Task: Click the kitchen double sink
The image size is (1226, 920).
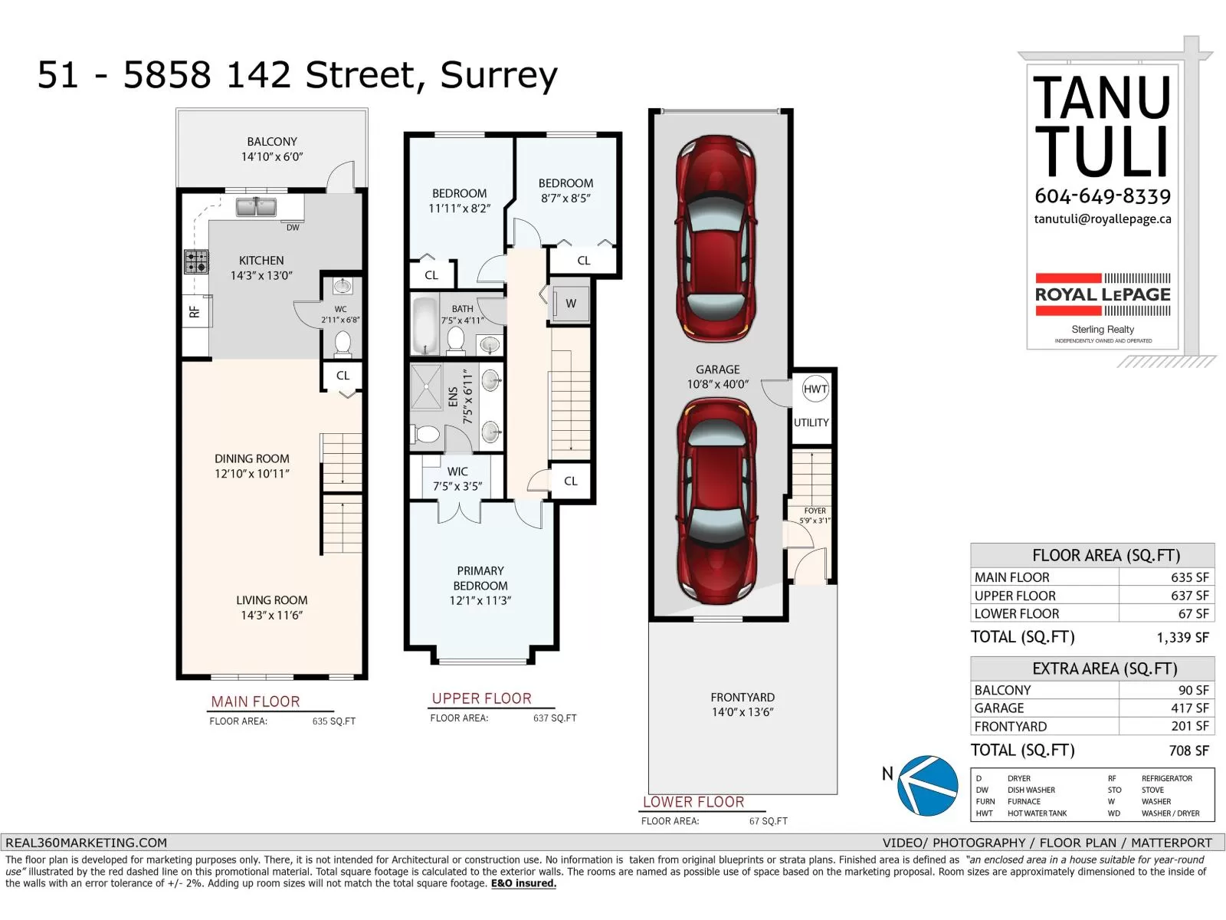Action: [x=256, y=207]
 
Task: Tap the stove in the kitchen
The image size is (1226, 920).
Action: [x=196, y=261]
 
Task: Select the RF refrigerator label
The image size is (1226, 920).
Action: [x=195, y=312]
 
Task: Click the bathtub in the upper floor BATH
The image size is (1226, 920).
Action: [x=425, y=326]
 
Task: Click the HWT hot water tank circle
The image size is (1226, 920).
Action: [x=815, y=389]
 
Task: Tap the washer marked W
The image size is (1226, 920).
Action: [x=570, y=304]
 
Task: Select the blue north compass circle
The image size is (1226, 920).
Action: [x=927, y=785]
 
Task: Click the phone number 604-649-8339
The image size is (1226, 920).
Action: [x=1103, y=196]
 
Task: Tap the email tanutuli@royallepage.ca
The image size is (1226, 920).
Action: [x=1103, y=219]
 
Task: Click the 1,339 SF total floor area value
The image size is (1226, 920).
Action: [x=1182, y=637]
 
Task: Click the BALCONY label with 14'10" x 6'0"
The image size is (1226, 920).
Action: [x=272, y=149]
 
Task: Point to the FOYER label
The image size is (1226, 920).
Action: [x=815, y=511]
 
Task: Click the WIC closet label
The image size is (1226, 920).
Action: [x=457, y=472]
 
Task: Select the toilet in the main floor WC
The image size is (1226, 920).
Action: [x=343, y=343]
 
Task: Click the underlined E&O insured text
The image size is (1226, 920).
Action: [x=523, y=884]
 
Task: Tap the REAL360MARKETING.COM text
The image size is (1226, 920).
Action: [x=86, y=843]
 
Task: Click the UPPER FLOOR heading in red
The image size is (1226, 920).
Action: [x=481, y=698]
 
